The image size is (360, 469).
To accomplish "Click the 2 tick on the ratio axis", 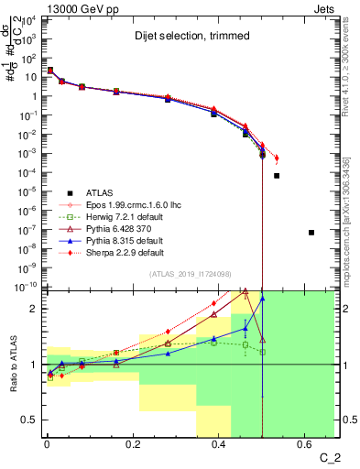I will pos(37,309).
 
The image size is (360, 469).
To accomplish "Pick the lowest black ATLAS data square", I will pos(311,233).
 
